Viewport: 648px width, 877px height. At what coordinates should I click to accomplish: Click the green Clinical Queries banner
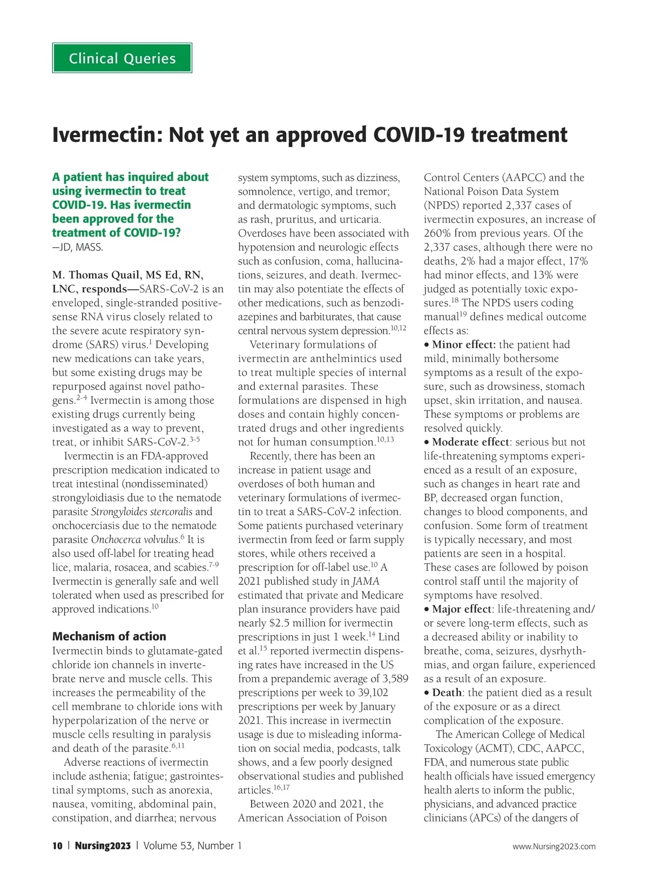click(122, 58)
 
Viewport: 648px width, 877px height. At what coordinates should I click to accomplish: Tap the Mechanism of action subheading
click(109, 636)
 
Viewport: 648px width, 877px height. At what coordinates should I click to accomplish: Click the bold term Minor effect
click(464, 345)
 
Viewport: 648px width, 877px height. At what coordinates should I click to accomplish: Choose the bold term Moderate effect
click(471, 442)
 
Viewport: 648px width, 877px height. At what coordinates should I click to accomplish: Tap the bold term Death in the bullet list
click(447, 693)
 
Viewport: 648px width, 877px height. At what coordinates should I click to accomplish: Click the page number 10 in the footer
click(57, 846)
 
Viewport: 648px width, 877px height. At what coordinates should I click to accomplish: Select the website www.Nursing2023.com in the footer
click(554, 846)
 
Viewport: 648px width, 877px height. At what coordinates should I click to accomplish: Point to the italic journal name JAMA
click(366, 582)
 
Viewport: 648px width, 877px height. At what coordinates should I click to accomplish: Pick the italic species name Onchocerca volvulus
click(134, 539)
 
